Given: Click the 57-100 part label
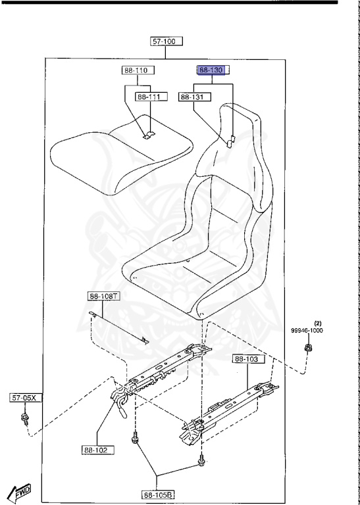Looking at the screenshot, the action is [x=167, y=41].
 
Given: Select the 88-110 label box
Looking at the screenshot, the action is [x=138, y=70].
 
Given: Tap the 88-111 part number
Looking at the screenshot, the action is [x=151, y=97].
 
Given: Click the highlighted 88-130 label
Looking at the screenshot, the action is [x=213, y=70].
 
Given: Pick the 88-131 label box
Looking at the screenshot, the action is [x=195, y=97].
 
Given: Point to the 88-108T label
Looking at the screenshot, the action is [x=104, y=297].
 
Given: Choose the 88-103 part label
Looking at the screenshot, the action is [x=249, y=359].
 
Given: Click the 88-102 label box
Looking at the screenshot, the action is [x=98, y=450].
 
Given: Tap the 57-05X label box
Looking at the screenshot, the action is [x=26, y=398].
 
